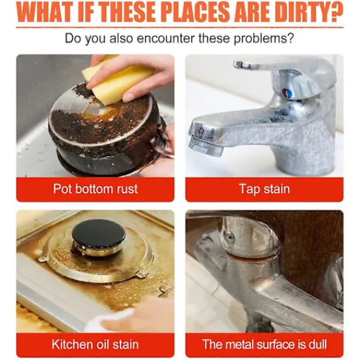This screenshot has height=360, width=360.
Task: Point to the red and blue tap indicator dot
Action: click(287, 93)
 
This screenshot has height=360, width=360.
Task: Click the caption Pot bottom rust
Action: click(95, 189)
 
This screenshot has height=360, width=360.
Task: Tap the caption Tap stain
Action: click(265, 189)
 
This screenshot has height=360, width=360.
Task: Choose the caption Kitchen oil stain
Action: click(95, 344)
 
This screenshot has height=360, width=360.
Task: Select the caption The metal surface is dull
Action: click(265, 344)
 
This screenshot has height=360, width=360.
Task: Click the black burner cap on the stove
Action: click(99, 233)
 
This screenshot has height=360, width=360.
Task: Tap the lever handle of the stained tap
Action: click(275, 67)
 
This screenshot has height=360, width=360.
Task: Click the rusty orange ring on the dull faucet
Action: click(253, 257)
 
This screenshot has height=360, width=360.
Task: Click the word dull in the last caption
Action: click(318, 344)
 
